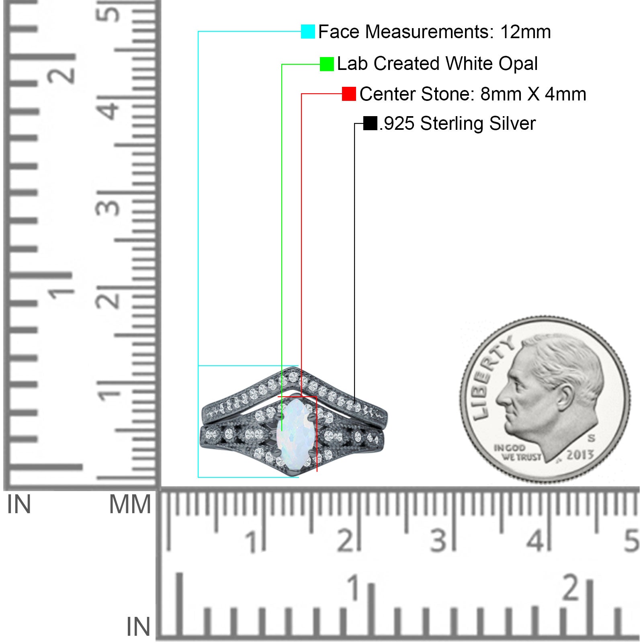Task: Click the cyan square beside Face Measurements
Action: (x=308, y=31)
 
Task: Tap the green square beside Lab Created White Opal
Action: (x=327, y=64)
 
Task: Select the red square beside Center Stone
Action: (x=349, y=94)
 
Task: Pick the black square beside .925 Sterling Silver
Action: (x=370, y=123)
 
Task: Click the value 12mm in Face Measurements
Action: (x=525, y=32)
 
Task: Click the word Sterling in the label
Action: (x=452, y=124)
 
